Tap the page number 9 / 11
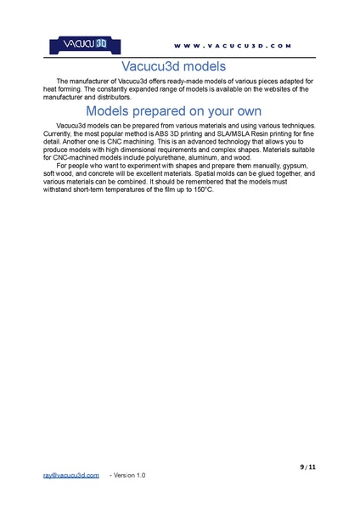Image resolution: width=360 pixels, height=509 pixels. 307,467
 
